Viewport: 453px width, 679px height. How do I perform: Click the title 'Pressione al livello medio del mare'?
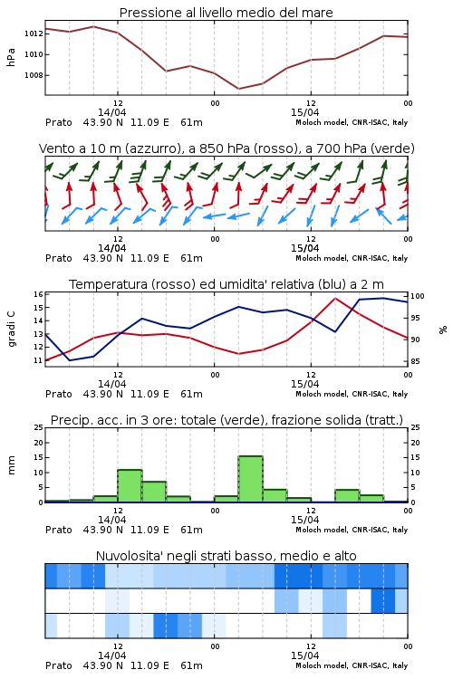tap(226, 13)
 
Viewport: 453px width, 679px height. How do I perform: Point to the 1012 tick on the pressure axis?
tap(34, 33)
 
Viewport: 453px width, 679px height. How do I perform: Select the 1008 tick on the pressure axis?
tap(34, 75)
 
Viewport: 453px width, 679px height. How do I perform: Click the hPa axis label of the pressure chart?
tap(11, 57)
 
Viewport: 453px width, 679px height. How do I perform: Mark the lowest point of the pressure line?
tap(238, 89)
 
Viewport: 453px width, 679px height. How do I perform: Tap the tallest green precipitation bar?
tap(251, 479)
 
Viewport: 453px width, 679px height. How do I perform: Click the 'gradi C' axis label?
tap(11, 330)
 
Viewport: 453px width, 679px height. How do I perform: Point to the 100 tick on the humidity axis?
tap(418, 296)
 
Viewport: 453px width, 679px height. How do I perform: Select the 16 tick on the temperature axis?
tap(38, 294)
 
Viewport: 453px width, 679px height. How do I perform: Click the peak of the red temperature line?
tap(334, 298)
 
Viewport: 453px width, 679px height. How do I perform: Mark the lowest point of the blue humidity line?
tap(70, 360)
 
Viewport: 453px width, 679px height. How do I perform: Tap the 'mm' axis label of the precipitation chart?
tap(11, 465)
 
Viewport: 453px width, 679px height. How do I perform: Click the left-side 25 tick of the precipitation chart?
tap(38, 427)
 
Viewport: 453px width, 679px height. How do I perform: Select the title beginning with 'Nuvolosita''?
tap(226, 556)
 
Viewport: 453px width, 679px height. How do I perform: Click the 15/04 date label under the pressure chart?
tap(304, 112)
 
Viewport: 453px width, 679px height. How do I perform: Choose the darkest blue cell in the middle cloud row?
tap(382, 600)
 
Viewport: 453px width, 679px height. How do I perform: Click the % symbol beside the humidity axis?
tap(443, 330)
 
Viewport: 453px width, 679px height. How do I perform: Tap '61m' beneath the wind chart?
tap(191, 259)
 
